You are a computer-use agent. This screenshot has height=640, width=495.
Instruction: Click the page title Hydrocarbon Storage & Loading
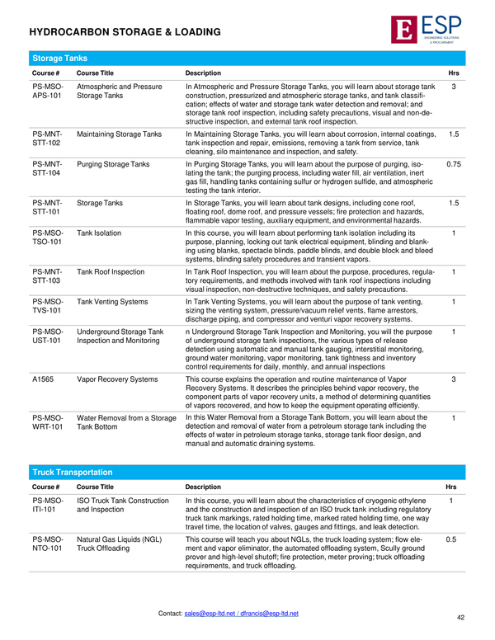pos(125,32)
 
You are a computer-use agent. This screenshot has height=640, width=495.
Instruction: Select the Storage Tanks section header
pos(59,59)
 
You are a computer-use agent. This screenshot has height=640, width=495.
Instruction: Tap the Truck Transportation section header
pos(72,472)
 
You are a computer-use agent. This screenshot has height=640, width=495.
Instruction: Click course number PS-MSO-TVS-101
pos(46,306)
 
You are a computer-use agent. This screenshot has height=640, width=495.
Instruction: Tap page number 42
pos(460,617)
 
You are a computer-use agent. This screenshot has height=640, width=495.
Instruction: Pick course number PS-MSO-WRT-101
pos(47,423)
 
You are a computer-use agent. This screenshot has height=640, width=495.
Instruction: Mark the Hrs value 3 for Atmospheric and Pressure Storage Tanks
pos(454,86)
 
